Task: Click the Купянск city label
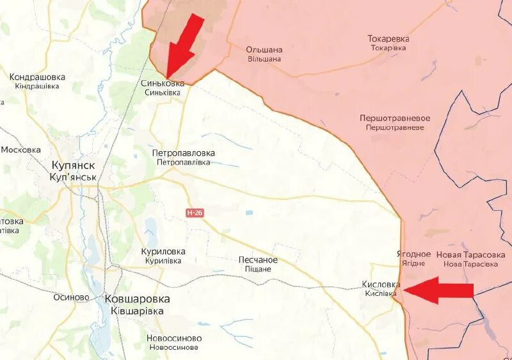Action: pos(74,165)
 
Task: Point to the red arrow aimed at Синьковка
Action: pos(185,45)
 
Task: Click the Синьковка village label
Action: pos(163,84)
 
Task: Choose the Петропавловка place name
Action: pos(184,154)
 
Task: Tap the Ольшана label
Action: pos(264,50)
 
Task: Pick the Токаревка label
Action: pos(388,39)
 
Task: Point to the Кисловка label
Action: pos(382,284)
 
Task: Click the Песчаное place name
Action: pos(258,260)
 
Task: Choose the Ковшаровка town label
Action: pos(137,299)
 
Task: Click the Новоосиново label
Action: pos(174,339)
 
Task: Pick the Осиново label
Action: pos(72,297)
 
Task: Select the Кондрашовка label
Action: pos(38,78)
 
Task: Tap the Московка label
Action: pos(21,150)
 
